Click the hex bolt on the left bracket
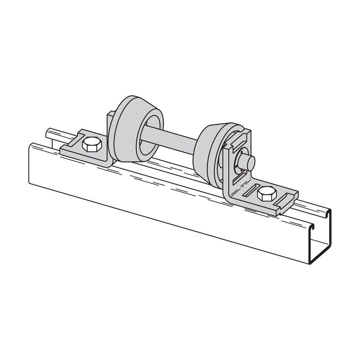(x=92, y=145)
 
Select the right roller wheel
(x=207, y=151)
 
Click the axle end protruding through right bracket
(x=248, y=162)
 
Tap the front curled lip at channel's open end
(x=314, y=227)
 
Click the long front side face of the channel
(x=162, y=202)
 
